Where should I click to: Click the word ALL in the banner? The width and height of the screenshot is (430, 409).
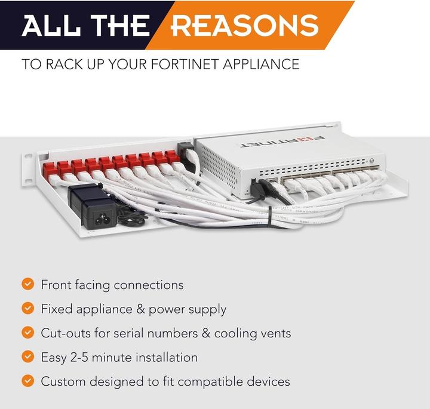(x=48, y=25)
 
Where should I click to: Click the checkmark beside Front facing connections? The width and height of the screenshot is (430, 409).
(x=27, y=284)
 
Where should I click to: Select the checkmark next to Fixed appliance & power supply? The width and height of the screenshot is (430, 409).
(x=27, y=309)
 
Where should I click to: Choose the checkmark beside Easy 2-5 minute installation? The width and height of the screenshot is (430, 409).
(x=27, y=357)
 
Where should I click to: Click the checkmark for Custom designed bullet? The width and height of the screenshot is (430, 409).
(x=27, y=381)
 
